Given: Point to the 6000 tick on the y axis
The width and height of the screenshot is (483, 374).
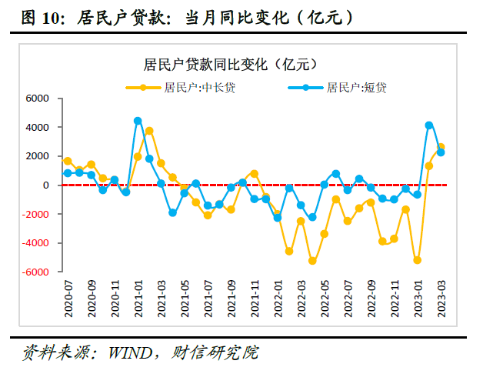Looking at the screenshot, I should pos(37,99).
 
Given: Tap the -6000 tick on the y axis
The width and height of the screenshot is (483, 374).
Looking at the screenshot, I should pos(35,272).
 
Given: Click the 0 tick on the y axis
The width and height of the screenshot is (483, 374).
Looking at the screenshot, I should pos(45,185).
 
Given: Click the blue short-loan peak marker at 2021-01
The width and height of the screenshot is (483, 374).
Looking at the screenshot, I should pos(138,121).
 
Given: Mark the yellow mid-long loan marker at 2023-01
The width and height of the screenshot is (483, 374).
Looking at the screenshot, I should pos(418,260).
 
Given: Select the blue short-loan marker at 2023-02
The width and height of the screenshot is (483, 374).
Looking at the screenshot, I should pos(429,125).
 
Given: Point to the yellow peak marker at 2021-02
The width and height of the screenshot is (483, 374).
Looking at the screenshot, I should pos(149,131).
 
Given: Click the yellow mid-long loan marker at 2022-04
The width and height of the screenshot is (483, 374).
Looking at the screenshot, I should pos(312,261).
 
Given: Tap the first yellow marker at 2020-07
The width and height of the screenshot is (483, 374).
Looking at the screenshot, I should pos(68,161).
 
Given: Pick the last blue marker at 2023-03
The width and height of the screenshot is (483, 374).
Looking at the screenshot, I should pos(441,152).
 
